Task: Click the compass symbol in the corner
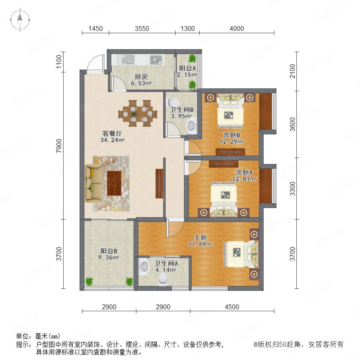pyautogui.click(x=20, y=20)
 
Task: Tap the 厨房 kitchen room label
pyautogui.click(x=141, y=76)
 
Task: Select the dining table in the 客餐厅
pyautogui.click(x=138, y=113)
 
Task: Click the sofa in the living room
pyautogui.click(x=93, y=183)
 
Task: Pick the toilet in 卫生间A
pyautogui.click(x=163, y=279)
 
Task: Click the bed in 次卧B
pyautogui.click(x=230, y=111)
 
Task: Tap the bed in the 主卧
pyautogui.click(x=241, y=254)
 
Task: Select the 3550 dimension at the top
pyautogui.click(x=142, y=28)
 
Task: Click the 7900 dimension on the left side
pyautogui.click(x=59, y=146)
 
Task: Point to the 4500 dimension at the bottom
pyautogui.click(x=232, y=307)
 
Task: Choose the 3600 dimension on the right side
pyautogui.click(x=292, y=124)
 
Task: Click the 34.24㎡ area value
pyautogui.click(x=112, y=140)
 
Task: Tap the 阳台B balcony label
pyautogui.click(x=109, y=251)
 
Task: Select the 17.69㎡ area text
pyautogui.click(x=200, y=244)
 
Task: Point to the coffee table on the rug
pyautogui.click(x=114, y=183)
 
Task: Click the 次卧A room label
pyautogui.click(x=244, y=172)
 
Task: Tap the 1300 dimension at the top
pyautogui.click(x=188, y=28)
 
